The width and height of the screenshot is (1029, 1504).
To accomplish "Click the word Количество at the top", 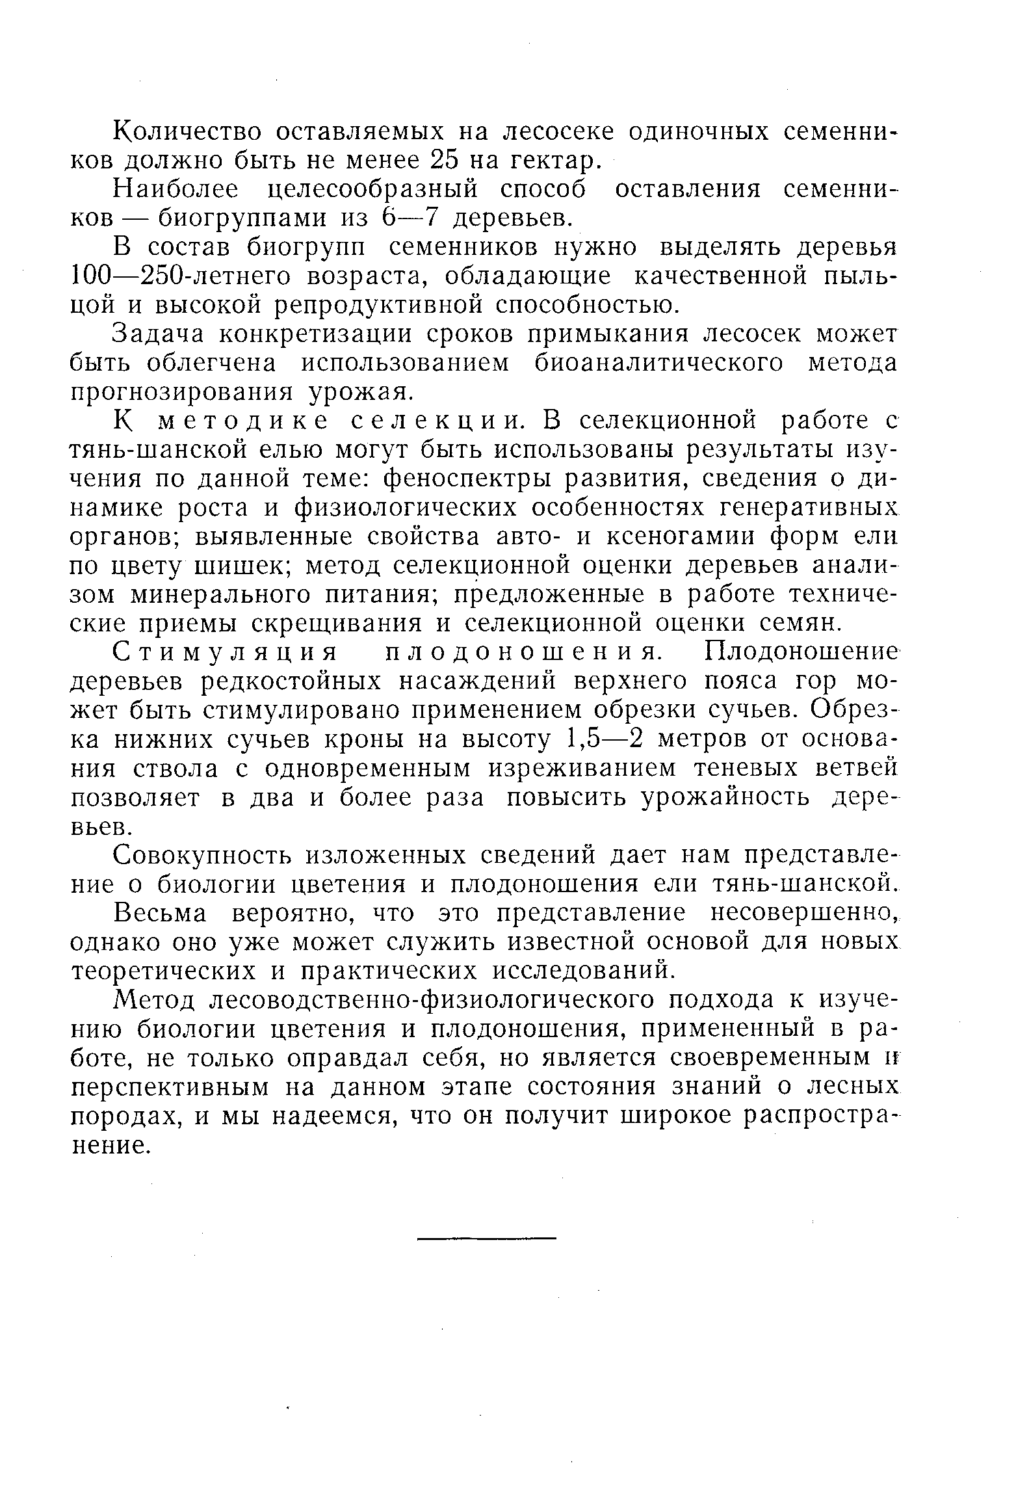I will pos(188,131).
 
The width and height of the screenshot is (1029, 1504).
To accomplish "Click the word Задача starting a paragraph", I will pos(159,334).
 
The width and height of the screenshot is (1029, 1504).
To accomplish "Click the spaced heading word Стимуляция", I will pos(226,652).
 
